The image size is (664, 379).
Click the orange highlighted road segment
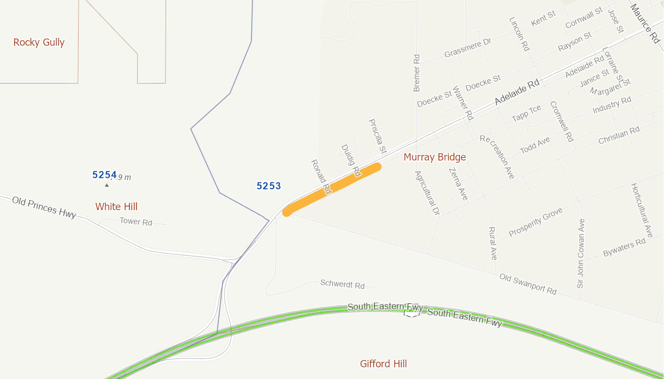tap(333, 188)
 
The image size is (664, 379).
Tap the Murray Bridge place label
tap(434, 157)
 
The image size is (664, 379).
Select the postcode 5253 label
tap(269, 186)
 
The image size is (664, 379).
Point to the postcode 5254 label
tap(104, 174)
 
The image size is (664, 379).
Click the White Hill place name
tap(116, 207)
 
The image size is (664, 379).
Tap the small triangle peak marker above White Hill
tap(107, 184)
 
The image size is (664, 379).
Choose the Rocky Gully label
tap(39, 42)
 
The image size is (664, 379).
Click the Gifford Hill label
tap(383, 364)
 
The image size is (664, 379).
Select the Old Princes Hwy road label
tap(44, 207)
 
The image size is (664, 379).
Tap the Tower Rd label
tap(135, 222)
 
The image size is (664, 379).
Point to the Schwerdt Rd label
tap(342, 284)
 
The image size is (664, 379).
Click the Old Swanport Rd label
tap(527, 284)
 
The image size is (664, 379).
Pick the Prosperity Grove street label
tap(535, 222)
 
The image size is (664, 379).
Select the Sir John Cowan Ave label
tap(581, 253)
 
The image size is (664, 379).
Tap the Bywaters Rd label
tap(624, 249)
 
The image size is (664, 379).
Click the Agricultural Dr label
tap(427, 193)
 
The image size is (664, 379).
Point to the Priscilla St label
tap(377, 135)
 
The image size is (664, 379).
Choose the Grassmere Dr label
tap(468, 48)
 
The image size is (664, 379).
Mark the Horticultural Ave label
tap(641, 211)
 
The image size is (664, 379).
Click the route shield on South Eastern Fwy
tap(411, 313)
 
